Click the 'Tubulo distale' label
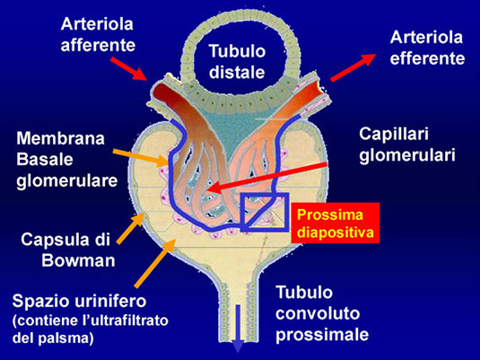[237, 62]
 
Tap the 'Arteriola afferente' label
[98, 35]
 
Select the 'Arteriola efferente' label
[427, 48]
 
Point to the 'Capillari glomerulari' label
[407, 144]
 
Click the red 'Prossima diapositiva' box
[336, 223]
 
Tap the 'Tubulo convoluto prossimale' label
[322, 313]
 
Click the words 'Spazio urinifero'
[79, 301]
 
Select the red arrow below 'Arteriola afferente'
[128, 68]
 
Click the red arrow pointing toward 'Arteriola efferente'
[353, 67]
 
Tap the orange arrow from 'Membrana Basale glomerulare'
[141, 157]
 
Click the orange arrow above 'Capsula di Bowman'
[130, 228]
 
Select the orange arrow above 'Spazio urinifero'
[155, 263]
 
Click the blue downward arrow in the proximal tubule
[238, 329]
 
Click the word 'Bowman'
[78, 260]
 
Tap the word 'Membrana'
[61, 138]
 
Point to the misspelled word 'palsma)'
[66, 338]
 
